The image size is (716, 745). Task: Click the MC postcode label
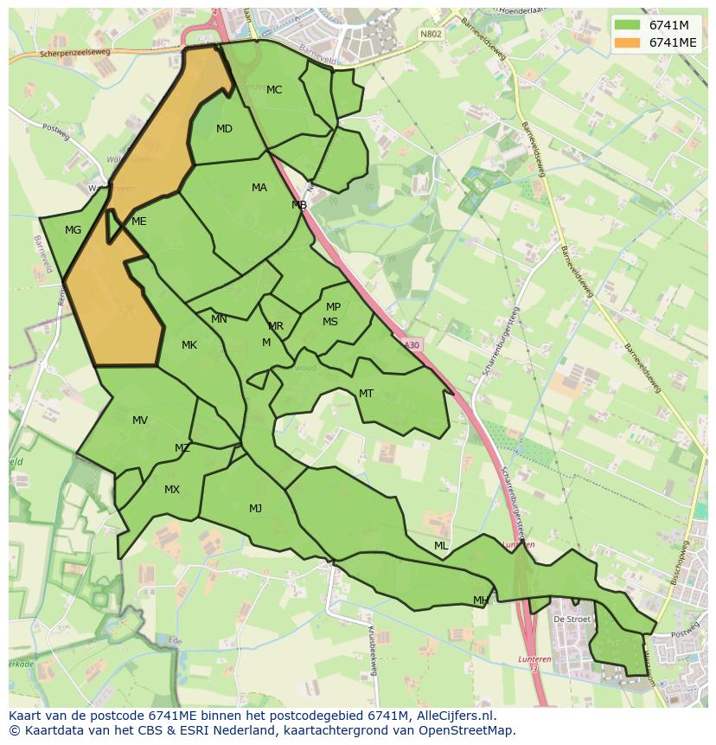pyautogui.click(x=274, y=90)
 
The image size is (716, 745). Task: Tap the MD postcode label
pyautogui.click(x=224, y=129)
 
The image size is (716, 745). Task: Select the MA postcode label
pyautogui.click(x=259, y=188)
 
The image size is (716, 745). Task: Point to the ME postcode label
pyautogui.click(x=138, y=222)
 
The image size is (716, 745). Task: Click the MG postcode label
pyautogui.click(x=73, y=230)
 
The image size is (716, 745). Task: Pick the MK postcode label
pyautogui.click(x=189, y=345)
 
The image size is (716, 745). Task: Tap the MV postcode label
pyautogui.click(x=140, y=421)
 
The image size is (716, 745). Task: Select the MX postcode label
pyautogui.click(x=172, y=490)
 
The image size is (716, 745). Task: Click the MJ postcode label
pyautogui.click(x=255, y=509)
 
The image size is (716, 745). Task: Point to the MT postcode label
pyautogui.click(x=366, y=394)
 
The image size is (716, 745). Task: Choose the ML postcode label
pyautogui.click(x=441, y=546)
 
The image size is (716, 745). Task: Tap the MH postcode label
pyautogui.click(x=481, y=600)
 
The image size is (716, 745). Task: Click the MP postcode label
pyautogui.click(x=333, y=307)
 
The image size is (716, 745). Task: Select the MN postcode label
pyautogui.click(x=219, y=319)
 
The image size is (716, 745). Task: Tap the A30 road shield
pyautogui.click(x=412, y=344)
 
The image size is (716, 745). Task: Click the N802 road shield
pyautogui.click(x=430, y=34)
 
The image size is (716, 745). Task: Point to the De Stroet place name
pyautogui.click(x=571, y=620)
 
